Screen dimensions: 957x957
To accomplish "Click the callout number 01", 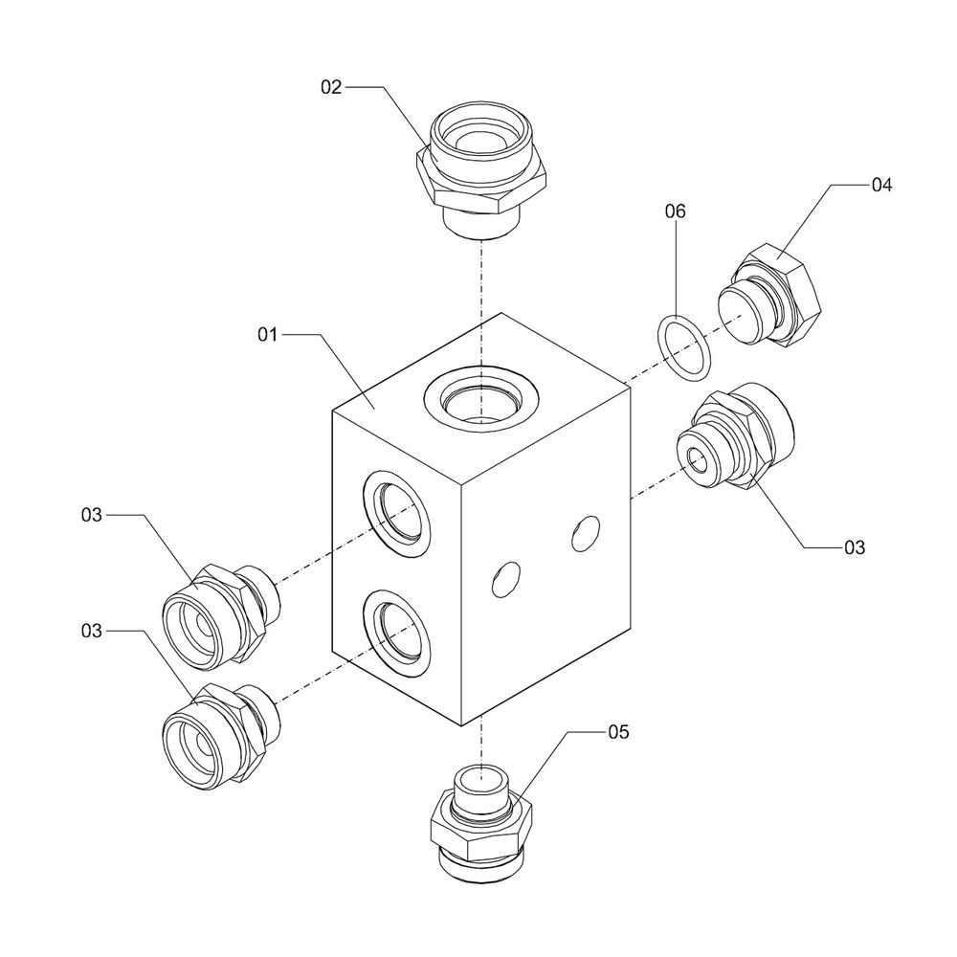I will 266,335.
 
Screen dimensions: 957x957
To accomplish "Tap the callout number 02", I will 331,87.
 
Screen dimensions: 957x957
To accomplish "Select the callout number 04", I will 881,186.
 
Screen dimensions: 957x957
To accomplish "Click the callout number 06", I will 676,211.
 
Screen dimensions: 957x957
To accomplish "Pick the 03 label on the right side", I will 854,547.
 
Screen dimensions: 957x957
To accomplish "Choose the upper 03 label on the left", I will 91,516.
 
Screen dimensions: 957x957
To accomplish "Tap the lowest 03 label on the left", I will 91,631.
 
